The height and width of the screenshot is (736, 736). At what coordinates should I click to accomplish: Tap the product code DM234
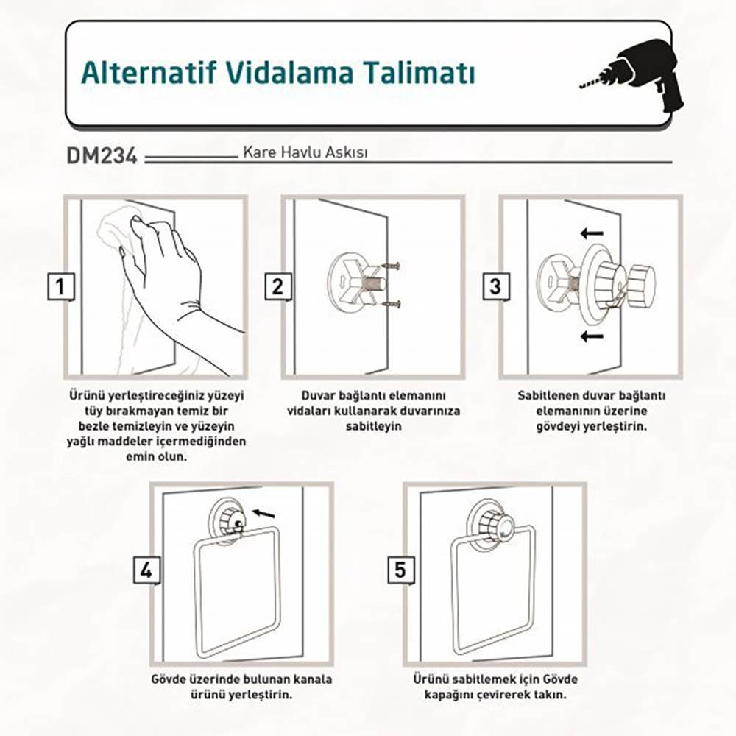click(x=102, y=156)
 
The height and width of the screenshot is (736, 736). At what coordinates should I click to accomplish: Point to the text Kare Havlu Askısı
click(x=305, y=152)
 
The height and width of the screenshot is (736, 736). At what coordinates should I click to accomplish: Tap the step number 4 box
click(x=147, y=571)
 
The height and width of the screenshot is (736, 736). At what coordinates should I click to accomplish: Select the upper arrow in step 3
click(x=592, y=233)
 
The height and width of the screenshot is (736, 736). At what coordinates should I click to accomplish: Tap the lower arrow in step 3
click(x=592, y=336)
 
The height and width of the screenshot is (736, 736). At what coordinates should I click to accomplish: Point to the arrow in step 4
click(x=264, y=513)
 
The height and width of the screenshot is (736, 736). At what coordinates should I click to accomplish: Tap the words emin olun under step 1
click(x=156, y=456)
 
